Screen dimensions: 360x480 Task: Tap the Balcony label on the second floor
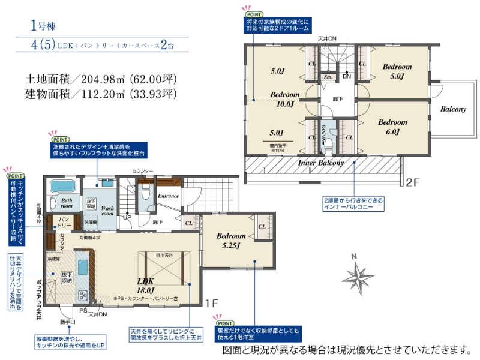pos(453,109)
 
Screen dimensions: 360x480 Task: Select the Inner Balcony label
pos(321,163)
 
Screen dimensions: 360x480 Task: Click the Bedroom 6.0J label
pos(392,127)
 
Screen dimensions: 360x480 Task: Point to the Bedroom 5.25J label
pos(230,241)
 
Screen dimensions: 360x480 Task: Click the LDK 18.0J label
pos(146,285)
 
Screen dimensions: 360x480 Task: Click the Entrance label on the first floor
pos(169,196)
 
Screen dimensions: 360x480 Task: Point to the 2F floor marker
pos(412,182)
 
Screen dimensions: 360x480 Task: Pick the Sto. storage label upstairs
pos(328,77)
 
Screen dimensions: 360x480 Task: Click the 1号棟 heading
pos(43,26)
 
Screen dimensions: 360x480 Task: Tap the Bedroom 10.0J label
pos(284,99)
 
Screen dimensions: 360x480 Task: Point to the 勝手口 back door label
pos(68,322)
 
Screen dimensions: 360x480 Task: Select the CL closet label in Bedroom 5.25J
pos(262,227)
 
